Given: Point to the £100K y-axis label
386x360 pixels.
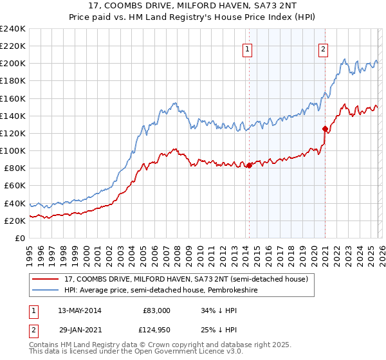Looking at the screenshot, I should pos(13,150).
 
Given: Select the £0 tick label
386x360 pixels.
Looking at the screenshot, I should pos(21,238).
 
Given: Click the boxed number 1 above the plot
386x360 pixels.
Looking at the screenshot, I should pos(248,48).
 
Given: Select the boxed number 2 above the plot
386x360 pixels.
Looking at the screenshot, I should pos(324,48).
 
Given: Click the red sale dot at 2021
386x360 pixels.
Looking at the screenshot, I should pos(325,129).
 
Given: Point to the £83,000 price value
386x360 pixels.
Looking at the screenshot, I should pos(156,310).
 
